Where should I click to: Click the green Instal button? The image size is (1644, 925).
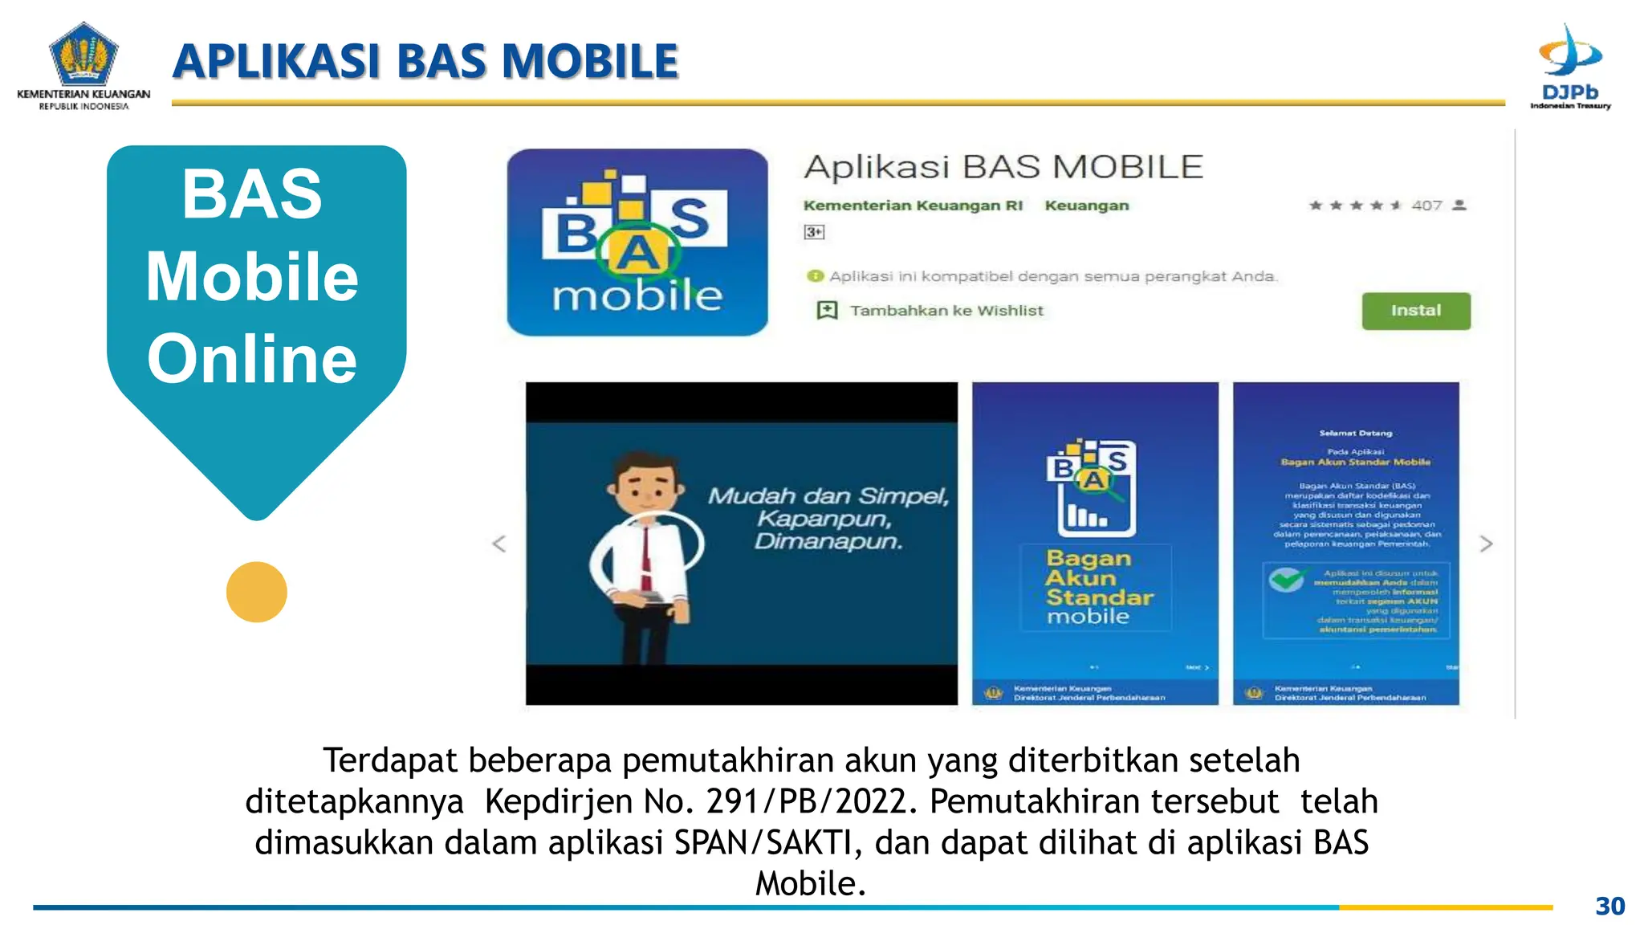[1416, 311]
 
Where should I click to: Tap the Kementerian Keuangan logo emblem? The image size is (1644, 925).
[83, 54]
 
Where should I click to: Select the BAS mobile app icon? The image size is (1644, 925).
[637, 242]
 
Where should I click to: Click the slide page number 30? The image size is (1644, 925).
[1609, 906]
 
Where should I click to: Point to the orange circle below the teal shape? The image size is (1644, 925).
[257, 592]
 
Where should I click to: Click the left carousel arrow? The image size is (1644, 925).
[499, 544]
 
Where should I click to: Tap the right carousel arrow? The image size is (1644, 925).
[1486, 544]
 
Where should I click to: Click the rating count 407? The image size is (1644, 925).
[1426, 206]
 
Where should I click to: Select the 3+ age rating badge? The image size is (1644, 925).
[814, 232]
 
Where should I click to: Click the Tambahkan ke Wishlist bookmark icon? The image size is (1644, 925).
[827, 310]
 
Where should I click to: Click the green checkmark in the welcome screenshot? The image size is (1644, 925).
[1286, 579]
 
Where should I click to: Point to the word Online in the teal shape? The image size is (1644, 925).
[252, 358]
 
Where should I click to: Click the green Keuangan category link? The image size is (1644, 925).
[1086, 206]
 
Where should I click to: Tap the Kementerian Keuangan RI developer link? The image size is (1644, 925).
[913, 206]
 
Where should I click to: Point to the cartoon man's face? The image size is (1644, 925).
[646, 486]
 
